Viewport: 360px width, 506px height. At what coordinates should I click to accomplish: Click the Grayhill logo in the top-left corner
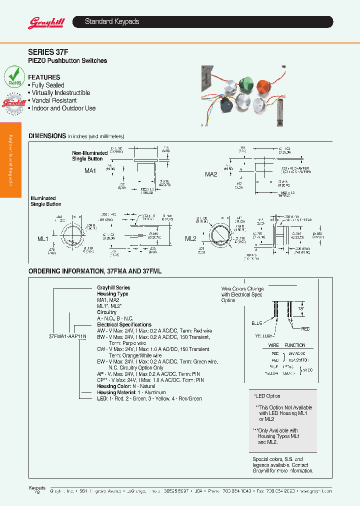[43, 22]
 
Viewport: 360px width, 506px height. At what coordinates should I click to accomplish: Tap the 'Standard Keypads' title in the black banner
[112, 22]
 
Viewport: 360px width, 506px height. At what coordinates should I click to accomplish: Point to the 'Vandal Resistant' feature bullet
[54, 100]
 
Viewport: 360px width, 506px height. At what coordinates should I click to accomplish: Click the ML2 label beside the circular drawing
[190, 238]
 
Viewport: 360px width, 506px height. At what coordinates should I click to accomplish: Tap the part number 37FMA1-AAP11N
[67, 336]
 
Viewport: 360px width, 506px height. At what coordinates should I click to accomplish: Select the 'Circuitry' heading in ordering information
[106, 312]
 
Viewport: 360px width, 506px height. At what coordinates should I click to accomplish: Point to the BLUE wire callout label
[257, 323]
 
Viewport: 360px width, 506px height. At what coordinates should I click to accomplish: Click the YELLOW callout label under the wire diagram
[263, 336]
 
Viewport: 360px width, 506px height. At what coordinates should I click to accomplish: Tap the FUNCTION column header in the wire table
[295, 345]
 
